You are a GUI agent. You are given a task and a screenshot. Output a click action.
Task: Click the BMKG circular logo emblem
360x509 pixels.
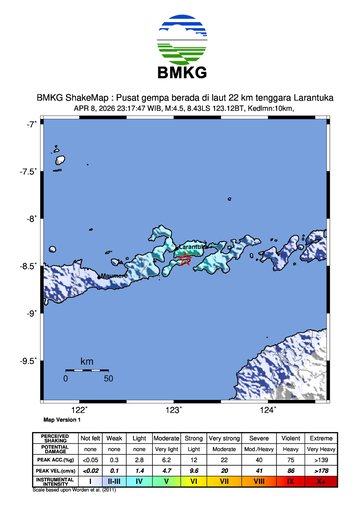[x=179, y=41]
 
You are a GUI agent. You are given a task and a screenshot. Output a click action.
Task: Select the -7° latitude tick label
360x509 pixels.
[x=31, y=124]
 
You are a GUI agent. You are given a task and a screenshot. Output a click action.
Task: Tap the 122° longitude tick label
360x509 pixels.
[x=79, y=410]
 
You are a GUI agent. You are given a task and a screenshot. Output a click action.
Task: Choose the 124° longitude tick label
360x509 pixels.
[x=268, y=410]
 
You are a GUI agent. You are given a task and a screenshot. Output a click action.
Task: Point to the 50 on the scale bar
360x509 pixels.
[x=107, y=379]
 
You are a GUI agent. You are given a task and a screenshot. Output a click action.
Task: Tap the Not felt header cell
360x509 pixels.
[x=91, y=438]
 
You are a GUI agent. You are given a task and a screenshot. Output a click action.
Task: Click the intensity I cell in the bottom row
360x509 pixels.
[x=91, y=481]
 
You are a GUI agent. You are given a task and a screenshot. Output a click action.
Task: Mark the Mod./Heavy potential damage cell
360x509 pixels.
[x=258, y=449]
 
